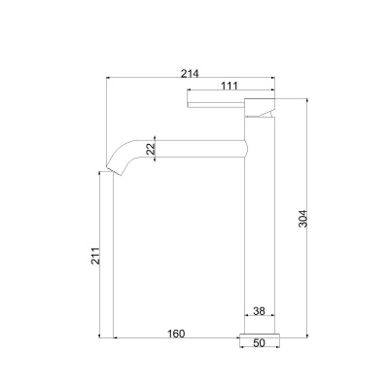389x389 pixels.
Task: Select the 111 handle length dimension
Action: pos(230,86)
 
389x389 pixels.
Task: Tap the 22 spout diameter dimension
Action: pos(151,149)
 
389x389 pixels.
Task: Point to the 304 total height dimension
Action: pos(302,219)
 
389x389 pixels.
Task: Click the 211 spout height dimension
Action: pos(95,256)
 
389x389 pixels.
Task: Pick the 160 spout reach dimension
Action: pos(176,334)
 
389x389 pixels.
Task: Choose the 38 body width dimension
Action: pos(259,311)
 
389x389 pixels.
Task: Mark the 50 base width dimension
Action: pos(260,343)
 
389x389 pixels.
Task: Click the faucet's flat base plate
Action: pos(260,336)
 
